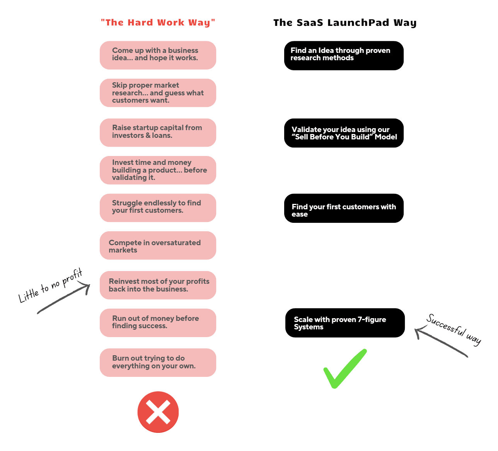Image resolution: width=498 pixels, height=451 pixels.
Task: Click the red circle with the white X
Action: point(158,412)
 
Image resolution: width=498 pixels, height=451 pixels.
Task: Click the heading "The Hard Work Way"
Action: point(158,22)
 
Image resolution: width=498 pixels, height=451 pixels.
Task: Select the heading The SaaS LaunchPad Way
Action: point(345,22)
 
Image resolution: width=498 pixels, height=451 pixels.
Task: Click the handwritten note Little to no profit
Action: point(51,285)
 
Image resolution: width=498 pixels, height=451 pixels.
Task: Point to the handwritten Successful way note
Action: point(454,329)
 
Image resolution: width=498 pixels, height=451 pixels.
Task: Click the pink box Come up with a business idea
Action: point(158,55)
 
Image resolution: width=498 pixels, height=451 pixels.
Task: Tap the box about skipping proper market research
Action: point(158,93)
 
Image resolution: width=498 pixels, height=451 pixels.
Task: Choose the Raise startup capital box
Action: point(158,132)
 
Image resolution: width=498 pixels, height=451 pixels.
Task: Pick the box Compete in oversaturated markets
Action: point(158,246)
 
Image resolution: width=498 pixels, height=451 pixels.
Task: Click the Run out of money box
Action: point(158,323)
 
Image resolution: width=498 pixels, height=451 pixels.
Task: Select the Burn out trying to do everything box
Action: point(158,363)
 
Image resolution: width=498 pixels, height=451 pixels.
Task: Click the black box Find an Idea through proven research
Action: point(344,56)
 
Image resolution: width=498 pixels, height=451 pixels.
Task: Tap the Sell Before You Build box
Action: point(344,133)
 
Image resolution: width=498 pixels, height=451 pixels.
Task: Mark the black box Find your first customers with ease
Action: point(344,208)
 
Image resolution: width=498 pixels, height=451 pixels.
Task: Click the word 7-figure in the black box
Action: point(372,320)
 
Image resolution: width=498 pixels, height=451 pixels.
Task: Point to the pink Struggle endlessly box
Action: point(158,208)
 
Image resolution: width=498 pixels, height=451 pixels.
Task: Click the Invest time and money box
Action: point(158,170)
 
